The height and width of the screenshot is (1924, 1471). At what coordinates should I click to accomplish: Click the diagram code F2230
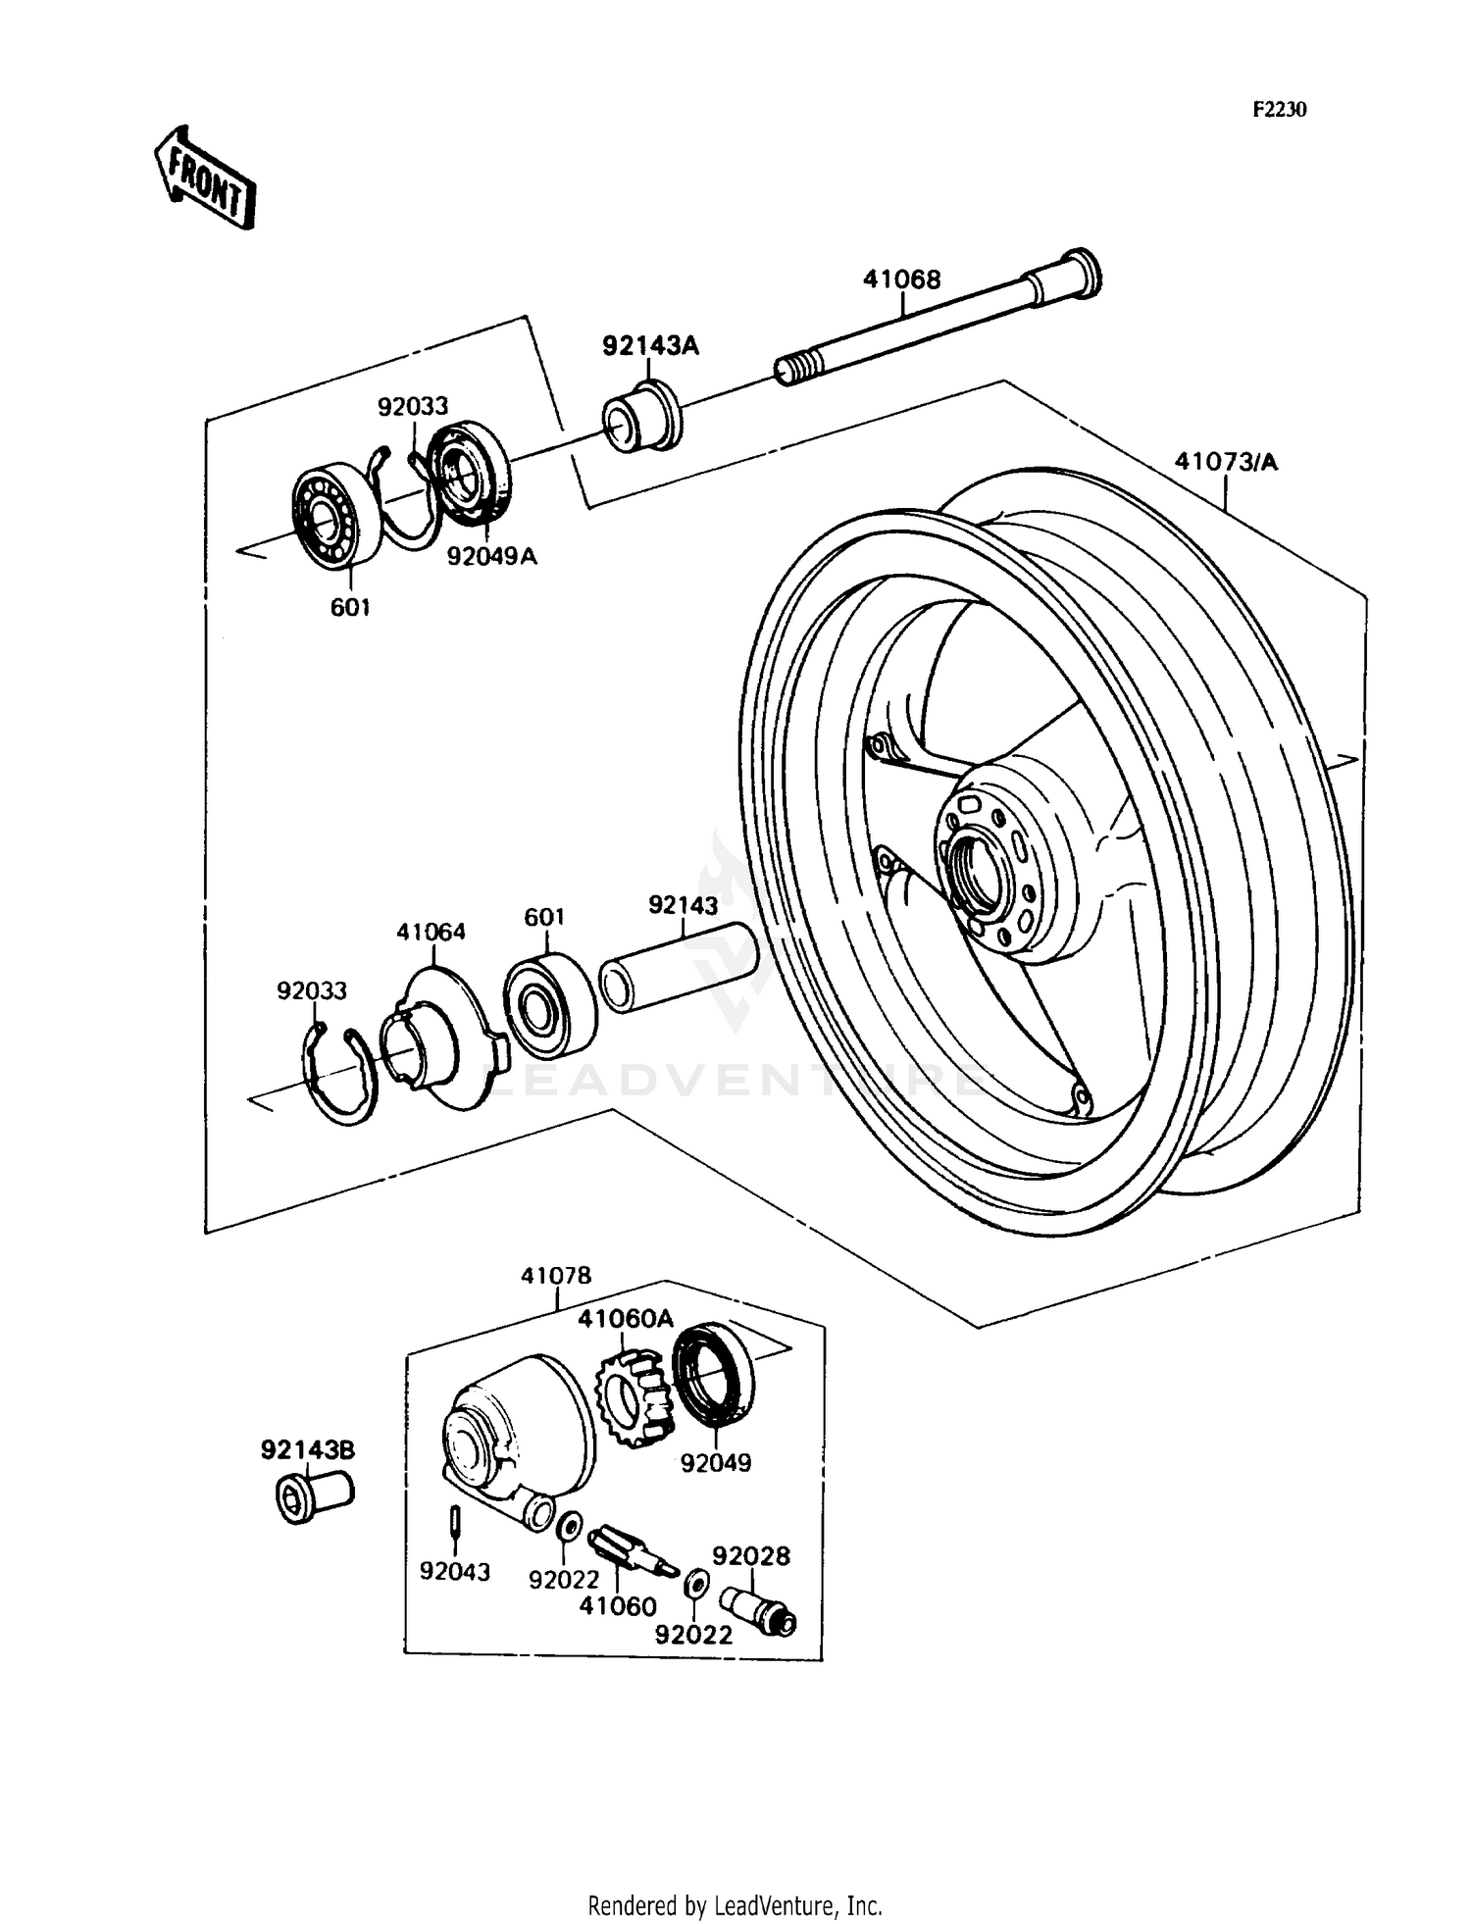coord(1280,110)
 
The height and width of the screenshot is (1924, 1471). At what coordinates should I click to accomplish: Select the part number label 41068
coord(901,279)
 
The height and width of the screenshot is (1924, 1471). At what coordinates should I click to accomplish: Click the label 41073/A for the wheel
coord(1226,461)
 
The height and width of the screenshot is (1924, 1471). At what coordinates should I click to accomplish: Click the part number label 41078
coord(556,1275)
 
